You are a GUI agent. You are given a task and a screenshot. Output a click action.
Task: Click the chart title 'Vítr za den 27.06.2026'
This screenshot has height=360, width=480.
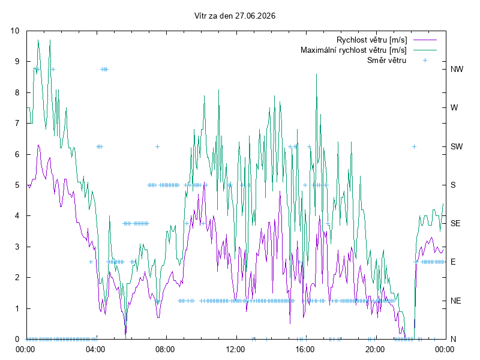(235, 16)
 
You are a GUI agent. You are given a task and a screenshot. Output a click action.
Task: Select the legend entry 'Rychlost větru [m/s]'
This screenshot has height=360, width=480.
(371, 40)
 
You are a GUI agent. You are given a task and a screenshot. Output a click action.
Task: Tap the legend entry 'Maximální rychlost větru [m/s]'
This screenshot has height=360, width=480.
(353, 50)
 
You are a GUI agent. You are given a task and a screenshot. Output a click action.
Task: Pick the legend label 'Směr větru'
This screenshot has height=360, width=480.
(386, 60)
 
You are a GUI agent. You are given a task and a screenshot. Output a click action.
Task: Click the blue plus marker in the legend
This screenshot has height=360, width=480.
(425, 61)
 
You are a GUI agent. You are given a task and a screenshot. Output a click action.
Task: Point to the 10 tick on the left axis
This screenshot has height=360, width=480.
(14, 31)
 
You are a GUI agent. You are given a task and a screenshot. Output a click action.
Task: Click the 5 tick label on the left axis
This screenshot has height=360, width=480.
(17, 185)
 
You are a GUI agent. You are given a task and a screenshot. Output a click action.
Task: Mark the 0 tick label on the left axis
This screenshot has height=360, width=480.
(17, 339)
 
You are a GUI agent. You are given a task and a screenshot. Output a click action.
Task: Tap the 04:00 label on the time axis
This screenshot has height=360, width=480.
(95, 349)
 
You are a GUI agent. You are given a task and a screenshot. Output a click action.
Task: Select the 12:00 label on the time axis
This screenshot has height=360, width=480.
(235, 349)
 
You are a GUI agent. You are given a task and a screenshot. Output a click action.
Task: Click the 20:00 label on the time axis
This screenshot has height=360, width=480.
(375, 349)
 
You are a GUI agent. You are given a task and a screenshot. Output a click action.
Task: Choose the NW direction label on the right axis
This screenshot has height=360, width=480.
(457, 69)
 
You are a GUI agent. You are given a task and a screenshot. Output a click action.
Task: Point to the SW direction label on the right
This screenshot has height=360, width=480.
(457, 146)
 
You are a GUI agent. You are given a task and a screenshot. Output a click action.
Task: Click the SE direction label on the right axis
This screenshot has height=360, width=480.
(455, 223)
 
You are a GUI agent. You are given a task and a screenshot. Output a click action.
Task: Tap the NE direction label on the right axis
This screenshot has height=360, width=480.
(455, 301)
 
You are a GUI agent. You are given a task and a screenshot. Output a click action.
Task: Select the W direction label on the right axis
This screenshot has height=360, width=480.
(454, 108)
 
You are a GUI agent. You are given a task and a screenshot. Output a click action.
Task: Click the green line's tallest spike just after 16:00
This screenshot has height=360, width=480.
(317, 74)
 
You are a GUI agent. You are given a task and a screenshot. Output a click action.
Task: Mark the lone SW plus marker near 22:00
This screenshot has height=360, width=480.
(414, 146)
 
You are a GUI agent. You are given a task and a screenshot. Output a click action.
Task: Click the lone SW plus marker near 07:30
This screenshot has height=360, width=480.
(157, 146)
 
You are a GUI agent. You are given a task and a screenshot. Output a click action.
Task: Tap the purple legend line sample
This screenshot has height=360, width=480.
(425, 40)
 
